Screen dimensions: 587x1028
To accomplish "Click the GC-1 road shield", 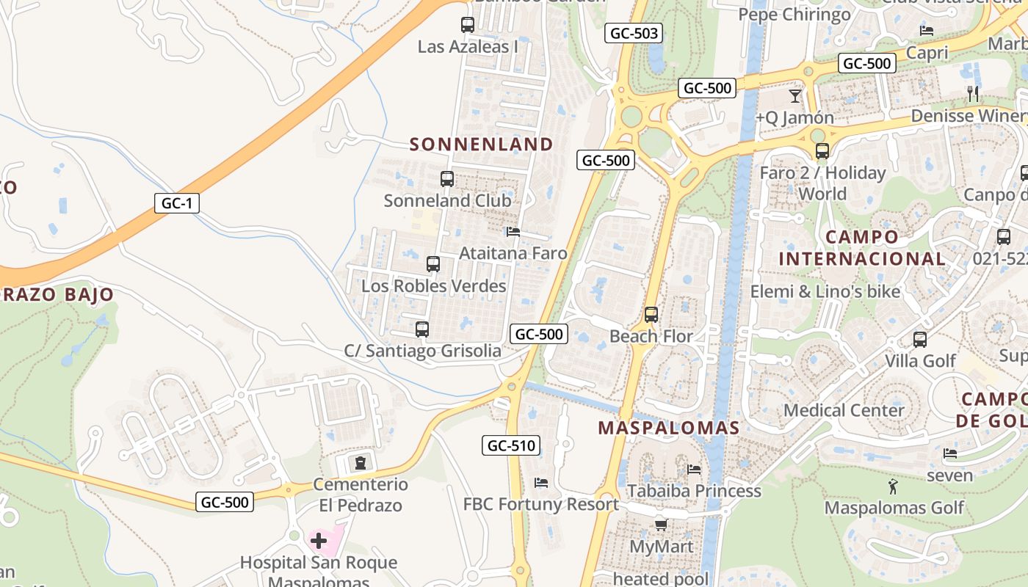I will (177, 203).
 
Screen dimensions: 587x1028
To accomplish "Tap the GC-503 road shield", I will (634, 33).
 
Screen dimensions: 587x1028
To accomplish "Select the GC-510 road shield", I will (512, 445).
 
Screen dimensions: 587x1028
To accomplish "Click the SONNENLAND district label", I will (481, 145).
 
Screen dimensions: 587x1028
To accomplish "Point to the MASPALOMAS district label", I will (668, 428).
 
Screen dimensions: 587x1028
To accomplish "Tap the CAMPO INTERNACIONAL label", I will (862, 248).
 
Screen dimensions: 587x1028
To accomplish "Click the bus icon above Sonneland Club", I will (446, 178).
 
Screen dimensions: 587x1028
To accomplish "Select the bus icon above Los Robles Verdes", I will (433, 263).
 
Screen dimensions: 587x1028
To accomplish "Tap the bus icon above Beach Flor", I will (651, 315).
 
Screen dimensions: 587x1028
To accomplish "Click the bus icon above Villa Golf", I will (920, 340).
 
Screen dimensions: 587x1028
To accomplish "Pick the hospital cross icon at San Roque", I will (318, 542).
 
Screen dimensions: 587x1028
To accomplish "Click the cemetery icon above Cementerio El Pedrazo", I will (360, 463).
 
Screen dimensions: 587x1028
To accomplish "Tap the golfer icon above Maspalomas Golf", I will (893, 486).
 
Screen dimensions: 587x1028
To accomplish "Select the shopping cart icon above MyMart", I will (661, 525).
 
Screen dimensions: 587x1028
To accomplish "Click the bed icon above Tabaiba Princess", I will (694, 469).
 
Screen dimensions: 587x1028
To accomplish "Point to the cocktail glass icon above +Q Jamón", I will (794, 95).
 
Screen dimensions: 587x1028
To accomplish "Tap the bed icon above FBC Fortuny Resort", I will (541, 482).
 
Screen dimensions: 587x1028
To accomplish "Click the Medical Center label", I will (844, 410).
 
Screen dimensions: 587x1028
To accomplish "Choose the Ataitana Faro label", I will (513, 254).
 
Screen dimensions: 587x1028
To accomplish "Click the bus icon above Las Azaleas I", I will (468, 25).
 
